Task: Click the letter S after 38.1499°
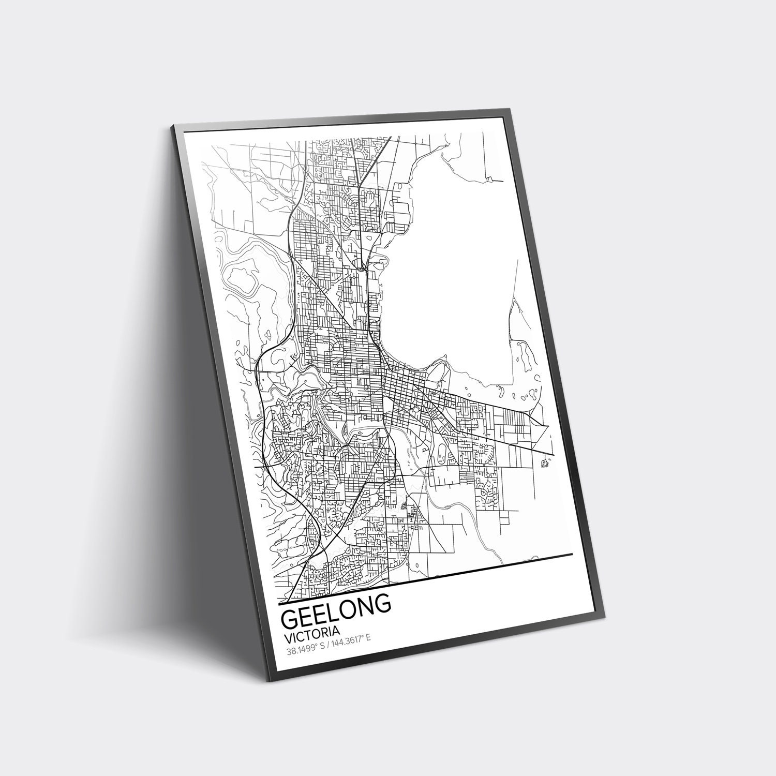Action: [323, 646]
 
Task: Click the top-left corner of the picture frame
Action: [172, 126]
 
